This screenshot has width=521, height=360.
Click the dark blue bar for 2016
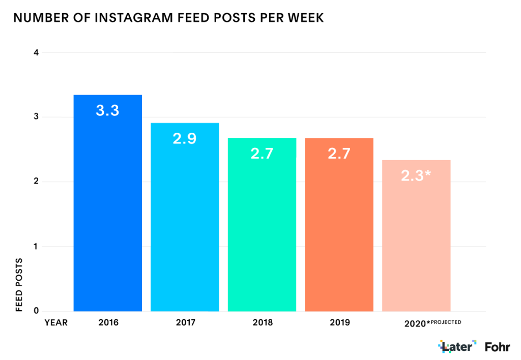pyautogui.click(x=107, y=214)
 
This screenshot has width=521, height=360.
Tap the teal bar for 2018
pyautogui.click(x=262, y=234)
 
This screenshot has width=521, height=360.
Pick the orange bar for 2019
pyautogui.click(x=339, y=234)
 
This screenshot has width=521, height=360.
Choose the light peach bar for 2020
pyautogui.click(x=416, y=244)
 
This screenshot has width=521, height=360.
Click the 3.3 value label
pyautogui.click(x=107, y=110)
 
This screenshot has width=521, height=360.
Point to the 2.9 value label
pyautogui.click(x=185, y=138)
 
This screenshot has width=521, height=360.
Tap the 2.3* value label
pyautogui.click(x=416, y=175)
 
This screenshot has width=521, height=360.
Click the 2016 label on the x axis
pyautogui.click(x=107, y=322)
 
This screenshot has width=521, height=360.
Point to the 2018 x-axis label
pyautogui.click(x=262, y=322)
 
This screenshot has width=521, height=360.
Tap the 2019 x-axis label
pyautogui.click(x=339, y=322)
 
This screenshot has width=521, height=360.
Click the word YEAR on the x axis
pyautogui.click(x=56, y=322)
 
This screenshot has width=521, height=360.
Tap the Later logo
pyautogui.click(x=457, y=347)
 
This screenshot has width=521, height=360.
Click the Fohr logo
pyautogui.click(x=498, y=347)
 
